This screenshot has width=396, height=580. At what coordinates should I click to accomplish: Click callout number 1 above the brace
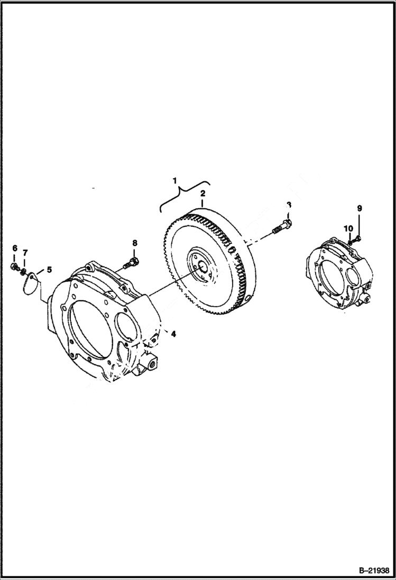pos(174,180)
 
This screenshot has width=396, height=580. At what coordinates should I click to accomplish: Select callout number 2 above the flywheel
pos(202,195)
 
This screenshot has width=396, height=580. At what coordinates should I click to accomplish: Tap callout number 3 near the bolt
pos(289,205)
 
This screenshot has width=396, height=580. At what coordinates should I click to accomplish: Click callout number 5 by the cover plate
pos(49,270)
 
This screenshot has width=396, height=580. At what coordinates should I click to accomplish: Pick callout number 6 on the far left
pos(14,248)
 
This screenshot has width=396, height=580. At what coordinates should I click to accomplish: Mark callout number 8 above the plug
pos(134,243)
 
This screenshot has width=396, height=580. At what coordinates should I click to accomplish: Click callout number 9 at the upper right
pos(359,208)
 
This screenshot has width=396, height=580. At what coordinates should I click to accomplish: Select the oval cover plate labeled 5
pos(32,282)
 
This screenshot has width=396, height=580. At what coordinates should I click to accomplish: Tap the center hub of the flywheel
pos(200,263)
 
